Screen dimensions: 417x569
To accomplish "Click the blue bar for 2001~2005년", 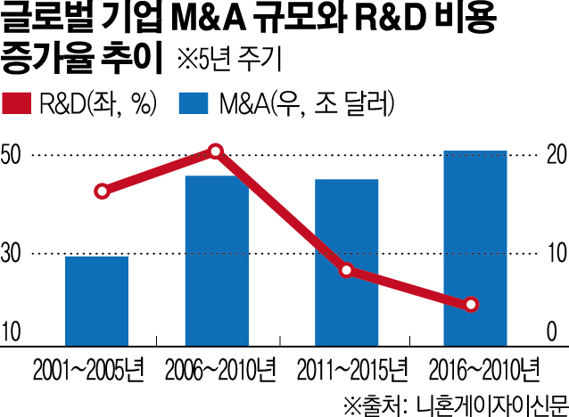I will [x=96, y=300].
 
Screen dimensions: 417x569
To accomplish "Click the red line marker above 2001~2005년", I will [x=103, y=191].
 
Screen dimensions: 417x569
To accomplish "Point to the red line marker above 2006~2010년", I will [x=215, y=151].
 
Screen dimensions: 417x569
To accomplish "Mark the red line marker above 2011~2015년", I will [x=347, y=271].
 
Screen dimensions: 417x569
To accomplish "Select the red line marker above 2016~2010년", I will [x=472, y=305].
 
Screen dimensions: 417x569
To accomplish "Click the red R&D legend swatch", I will [x=20, y=104].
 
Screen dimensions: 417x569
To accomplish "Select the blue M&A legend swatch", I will [x=194, y=104].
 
